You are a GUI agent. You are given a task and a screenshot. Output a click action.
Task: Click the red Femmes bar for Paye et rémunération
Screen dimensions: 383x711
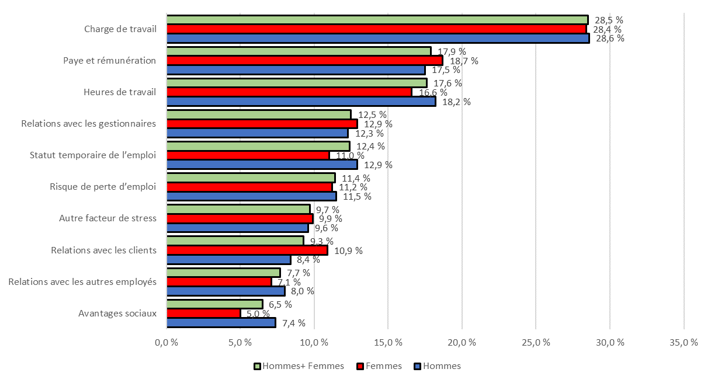point(304,61)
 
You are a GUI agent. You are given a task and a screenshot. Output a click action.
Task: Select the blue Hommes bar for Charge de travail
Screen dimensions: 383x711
point(377,39)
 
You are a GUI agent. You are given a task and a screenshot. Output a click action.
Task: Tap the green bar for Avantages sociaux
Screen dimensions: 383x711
point(214,304)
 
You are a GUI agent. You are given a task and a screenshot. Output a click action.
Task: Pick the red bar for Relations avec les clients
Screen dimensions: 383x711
point(247,250)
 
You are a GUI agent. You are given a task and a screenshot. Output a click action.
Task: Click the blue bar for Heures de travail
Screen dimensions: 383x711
point(301,102)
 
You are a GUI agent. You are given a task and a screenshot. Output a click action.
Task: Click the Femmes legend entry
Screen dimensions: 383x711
point(379,366)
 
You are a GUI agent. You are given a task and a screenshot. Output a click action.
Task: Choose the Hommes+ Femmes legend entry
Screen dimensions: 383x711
point(299,366)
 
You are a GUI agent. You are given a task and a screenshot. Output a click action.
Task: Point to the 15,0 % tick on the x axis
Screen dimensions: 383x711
point(388,343)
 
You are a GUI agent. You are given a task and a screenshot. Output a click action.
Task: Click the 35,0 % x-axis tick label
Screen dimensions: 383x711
point(683,343)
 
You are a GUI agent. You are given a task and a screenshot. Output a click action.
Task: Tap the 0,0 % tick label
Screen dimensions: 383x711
point(167,343)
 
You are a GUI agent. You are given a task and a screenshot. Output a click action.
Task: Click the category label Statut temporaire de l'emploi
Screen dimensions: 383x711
point(93,155)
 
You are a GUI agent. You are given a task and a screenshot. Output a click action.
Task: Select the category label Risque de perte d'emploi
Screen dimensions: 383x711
point(103,187)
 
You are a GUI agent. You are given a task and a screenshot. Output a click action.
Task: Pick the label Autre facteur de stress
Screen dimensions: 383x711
point(107,218)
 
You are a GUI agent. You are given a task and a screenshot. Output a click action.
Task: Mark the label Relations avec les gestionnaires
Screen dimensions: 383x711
point(88,124)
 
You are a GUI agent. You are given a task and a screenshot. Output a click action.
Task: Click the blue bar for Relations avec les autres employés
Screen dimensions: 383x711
point(226,291)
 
